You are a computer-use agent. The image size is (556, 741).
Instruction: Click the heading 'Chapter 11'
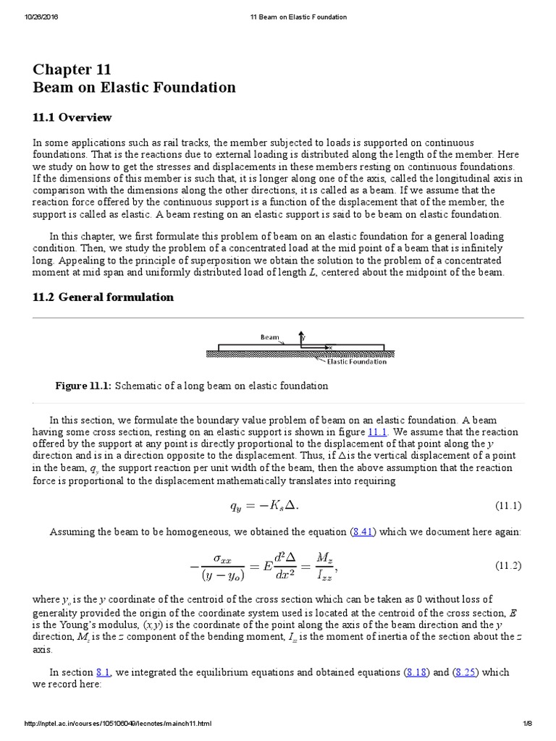click(x=72, y=69)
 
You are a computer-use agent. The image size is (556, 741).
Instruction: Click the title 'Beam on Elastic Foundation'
click(x=134, y=88)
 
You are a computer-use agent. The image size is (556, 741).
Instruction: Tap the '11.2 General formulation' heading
click(x=103, y=297)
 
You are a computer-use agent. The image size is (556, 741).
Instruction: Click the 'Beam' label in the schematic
click(x=269, y=336)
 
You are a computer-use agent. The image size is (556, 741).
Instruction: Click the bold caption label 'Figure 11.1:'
click(x=83, y=386)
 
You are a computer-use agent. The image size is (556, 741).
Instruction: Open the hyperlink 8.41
click(x=362, y=532)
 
